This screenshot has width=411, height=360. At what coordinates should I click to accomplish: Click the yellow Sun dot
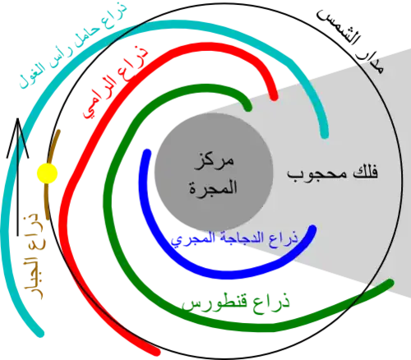point(47,173)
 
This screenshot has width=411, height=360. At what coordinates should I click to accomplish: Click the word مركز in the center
point(214,161)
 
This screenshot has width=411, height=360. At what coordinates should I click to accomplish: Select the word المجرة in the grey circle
point(213,187)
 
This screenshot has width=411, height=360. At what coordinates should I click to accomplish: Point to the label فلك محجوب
point(332,173)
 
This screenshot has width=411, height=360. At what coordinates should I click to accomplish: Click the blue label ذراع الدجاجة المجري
point(234,238)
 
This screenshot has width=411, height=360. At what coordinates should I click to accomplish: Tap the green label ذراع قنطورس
point(236,302)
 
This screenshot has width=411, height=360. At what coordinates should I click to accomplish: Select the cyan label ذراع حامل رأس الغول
point(73,44)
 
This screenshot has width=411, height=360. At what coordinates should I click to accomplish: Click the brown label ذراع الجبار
point(33,255)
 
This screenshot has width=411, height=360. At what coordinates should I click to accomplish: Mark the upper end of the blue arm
point(147,153)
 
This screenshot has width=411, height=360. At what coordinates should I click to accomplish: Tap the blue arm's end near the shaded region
point(312,228)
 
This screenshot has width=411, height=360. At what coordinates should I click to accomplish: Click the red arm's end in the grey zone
point(274,97)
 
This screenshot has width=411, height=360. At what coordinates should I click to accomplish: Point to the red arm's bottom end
point(156,352)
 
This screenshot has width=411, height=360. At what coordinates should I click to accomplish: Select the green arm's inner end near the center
point(248,108)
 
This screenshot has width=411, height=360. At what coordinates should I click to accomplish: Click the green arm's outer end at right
point(390,283)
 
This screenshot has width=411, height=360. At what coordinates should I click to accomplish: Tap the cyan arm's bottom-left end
point(40,334)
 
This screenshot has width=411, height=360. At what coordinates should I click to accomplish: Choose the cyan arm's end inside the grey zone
point(325,135)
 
